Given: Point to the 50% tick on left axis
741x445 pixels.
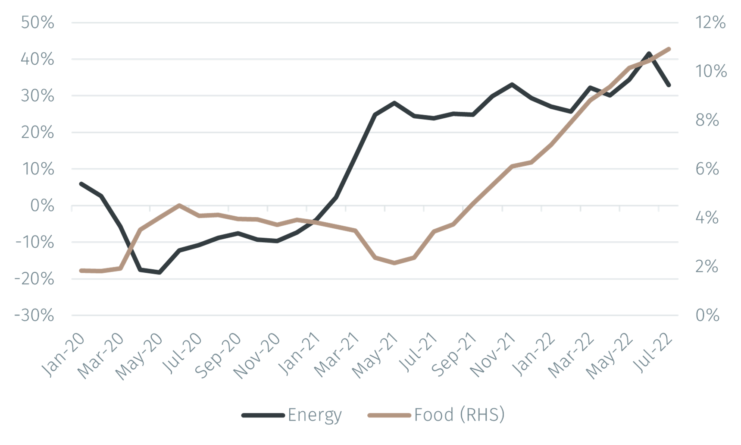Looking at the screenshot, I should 38,22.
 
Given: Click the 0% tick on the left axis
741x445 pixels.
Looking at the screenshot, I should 42,206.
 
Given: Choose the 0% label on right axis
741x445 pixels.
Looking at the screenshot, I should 707,316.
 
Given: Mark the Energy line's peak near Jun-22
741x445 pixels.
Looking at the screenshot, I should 649,54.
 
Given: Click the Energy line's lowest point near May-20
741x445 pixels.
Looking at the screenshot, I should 159,272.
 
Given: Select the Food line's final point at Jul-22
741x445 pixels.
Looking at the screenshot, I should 669,48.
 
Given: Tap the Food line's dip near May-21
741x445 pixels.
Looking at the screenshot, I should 394,262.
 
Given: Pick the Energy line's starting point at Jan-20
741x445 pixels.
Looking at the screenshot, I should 81,183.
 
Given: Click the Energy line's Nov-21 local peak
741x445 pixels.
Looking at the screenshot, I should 512,84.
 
